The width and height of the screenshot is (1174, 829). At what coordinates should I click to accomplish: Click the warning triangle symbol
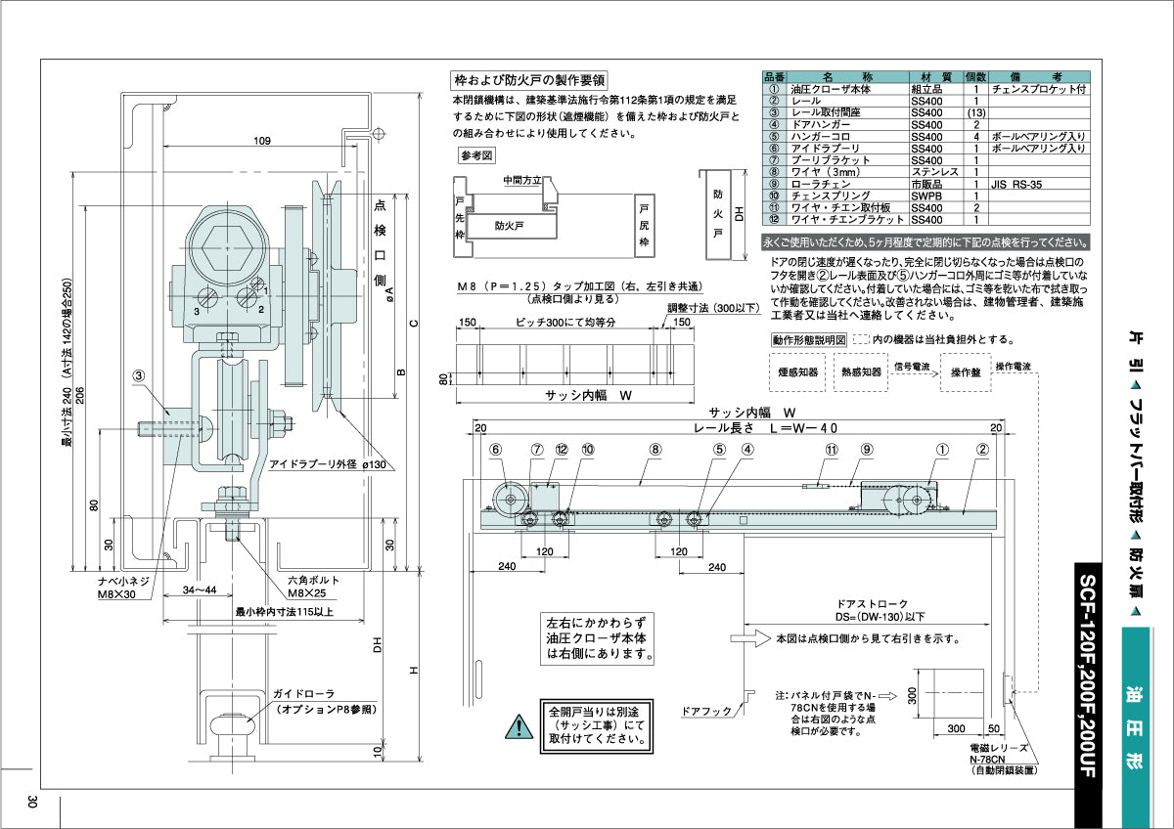click(515, 726)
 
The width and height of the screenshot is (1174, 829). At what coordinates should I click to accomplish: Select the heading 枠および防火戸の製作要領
click(529, 79)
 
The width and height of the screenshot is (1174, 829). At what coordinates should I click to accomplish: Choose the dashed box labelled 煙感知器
click(796, 371)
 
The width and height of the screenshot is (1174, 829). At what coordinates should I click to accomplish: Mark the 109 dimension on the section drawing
click(262, 142)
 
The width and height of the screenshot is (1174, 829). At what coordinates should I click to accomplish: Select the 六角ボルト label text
click(312, 581)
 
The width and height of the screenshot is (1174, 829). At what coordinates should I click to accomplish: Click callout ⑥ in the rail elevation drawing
click(496, 450)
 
